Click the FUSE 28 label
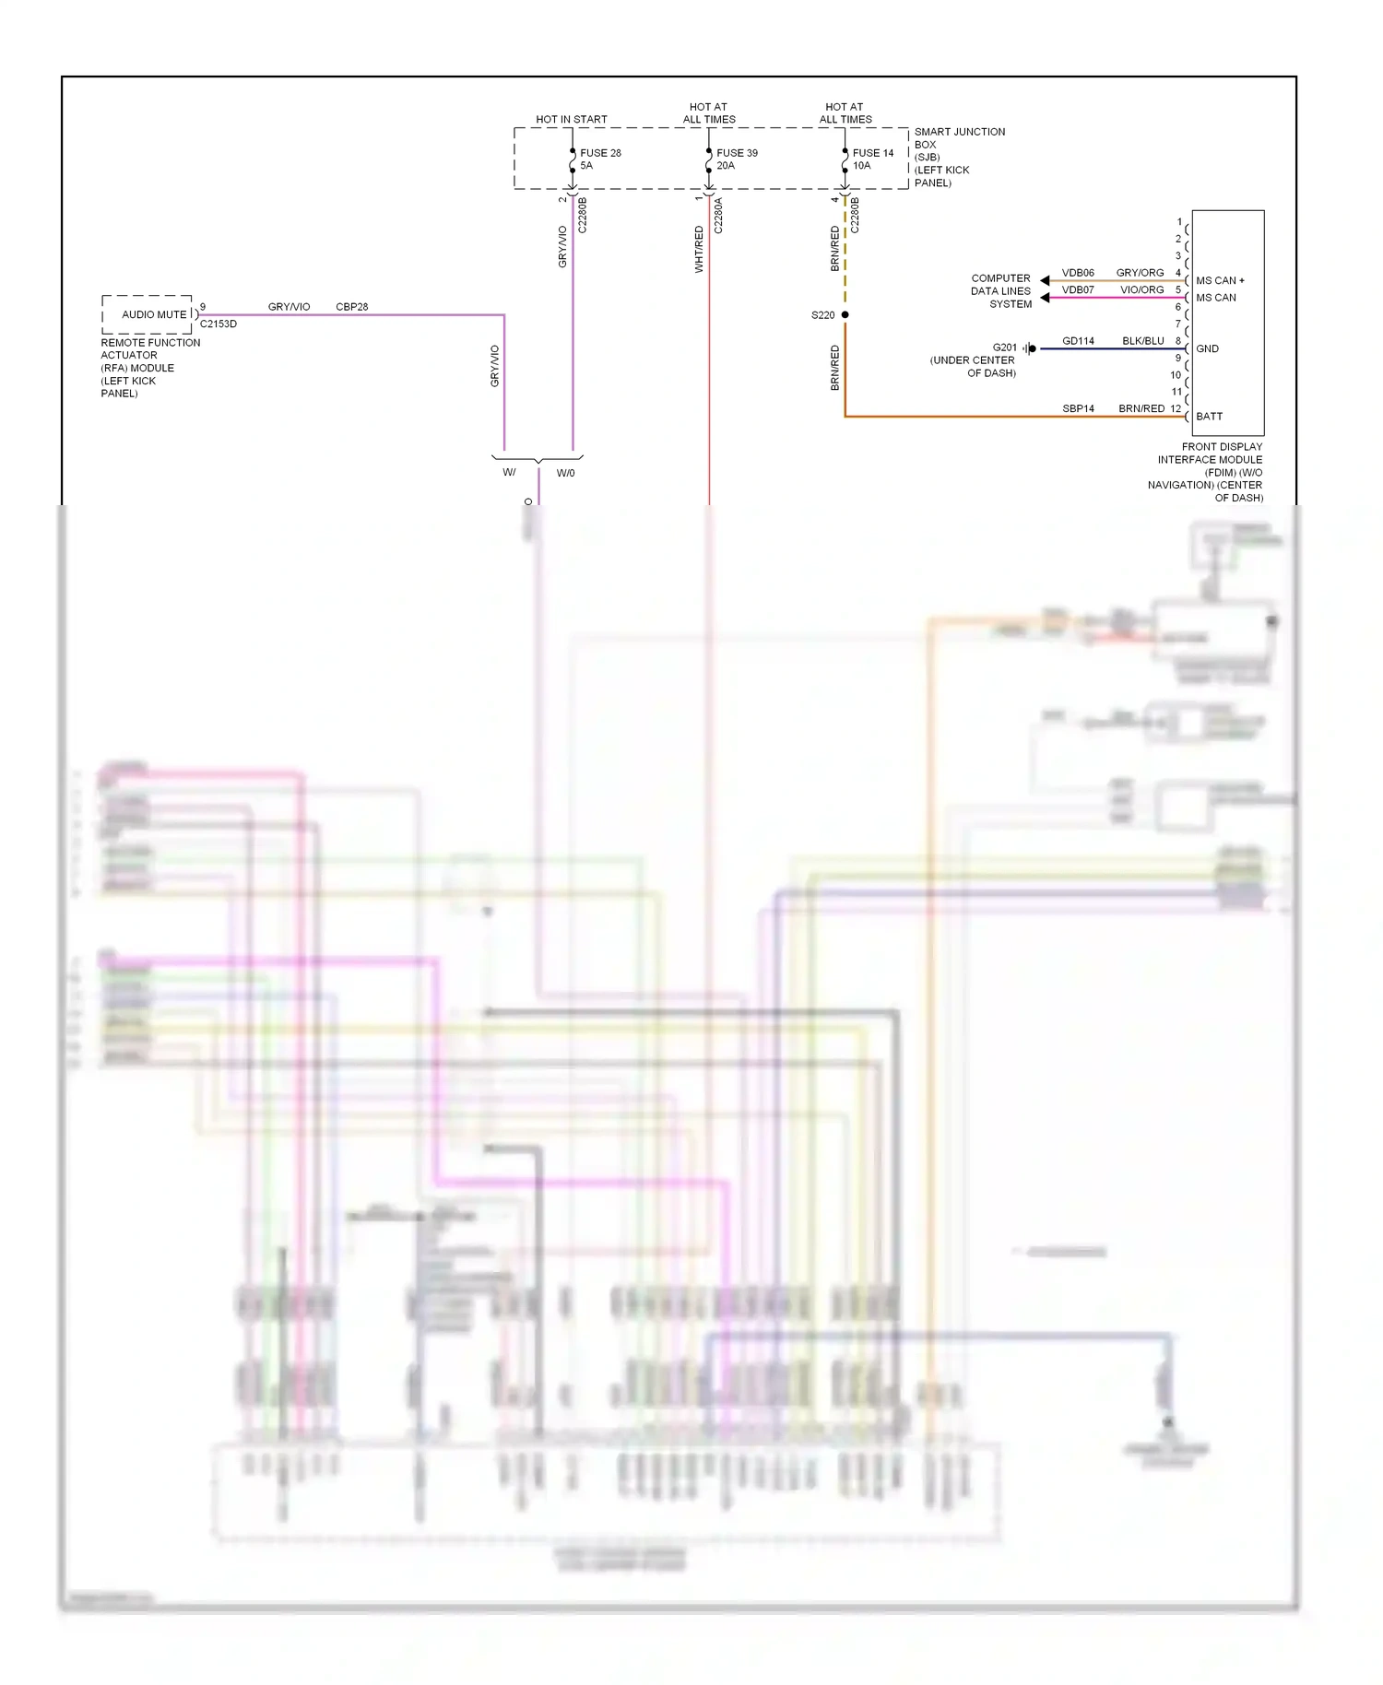[600, 153]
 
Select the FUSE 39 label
[737, 153]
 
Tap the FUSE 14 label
[873, 153]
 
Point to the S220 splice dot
[845, 315]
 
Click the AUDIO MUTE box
[148, 314]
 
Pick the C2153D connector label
[219, 324]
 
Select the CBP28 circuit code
[352, 307]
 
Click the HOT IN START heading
[572, 120]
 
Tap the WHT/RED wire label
[699, 250]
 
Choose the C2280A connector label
[718, 216]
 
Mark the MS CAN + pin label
[1220, 280]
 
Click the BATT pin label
[1209, 417]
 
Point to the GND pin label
[1207, 348]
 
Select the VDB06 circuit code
[1078, 273]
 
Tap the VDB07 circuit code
[1078, 290]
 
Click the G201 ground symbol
[1030, 348]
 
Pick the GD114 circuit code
[1078, 341]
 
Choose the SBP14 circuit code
[1078, 408]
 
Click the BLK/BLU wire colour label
[1142, 341]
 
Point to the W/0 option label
[565, 473]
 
